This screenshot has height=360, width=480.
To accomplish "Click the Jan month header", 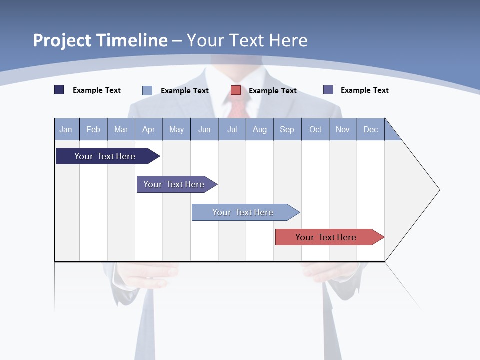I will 66,129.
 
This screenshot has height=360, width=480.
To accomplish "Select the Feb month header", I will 93,129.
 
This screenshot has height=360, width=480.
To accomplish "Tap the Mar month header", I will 121,129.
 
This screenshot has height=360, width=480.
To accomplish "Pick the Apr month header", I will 149,129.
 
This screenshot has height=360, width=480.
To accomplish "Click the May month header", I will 176,129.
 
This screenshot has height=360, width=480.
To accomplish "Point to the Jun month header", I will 204,129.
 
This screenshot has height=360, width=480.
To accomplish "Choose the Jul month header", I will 232,129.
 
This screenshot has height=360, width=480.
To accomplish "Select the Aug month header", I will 260,129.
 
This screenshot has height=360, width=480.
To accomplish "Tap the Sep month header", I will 287,129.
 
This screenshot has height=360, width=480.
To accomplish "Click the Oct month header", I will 315,129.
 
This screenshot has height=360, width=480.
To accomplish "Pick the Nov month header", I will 343,129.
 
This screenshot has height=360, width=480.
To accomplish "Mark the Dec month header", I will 371,129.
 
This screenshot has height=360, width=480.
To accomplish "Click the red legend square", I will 236,90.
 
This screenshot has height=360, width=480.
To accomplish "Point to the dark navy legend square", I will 59,90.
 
